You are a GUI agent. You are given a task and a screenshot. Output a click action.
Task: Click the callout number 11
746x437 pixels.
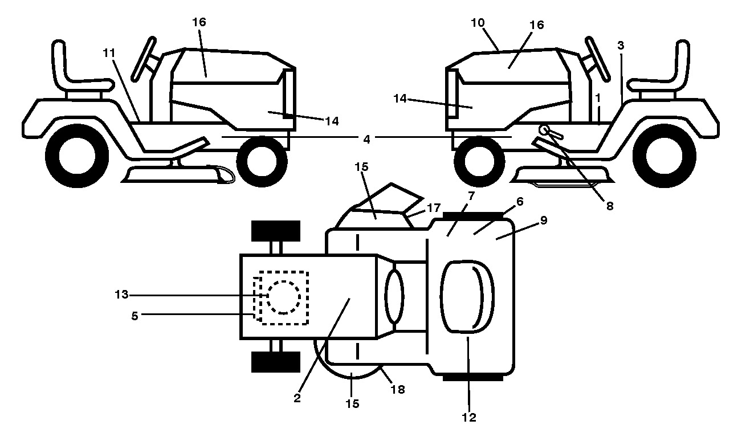pyautogui.click(x=109, y=52)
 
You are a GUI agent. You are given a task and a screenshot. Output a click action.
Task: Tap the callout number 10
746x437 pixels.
pyautogui.click(x=478, y=23)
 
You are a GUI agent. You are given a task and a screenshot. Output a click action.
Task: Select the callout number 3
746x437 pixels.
pyautogui.click(x=621, y=45)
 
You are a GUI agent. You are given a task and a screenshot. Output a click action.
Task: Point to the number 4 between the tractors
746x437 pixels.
pyautogui.click(x=366, y=139)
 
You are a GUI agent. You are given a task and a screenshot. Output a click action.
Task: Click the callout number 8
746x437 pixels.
pyautogui.click(x=610, y=206)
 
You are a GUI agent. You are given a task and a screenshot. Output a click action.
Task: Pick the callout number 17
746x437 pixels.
pyautogui.click(x=434, y=208)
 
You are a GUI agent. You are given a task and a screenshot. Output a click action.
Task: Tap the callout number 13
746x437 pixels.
pyautogui.click(x=121, y=294)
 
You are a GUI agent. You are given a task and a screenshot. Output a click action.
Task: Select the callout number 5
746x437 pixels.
pyautogui.click(x=134, y=316)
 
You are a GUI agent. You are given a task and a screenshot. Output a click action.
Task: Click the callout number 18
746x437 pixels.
pyautogui.click(x=398, y=389)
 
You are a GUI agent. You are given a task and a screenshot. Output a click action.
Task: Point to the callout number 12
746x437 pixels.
pyautogui.click(x=469, y=418)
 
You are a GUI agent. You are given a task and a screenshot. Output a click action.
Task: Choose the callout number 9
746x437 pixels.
pyautogui.click(x=544, y=220)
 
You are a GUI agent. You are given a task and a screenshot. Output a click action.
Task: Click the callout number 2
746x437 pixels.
pyautogui.click(x=297, y=398)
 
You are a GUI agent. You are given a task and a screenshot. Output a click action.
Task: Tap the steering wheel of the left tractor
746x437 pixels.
pyautogui.click(x=144, y=59)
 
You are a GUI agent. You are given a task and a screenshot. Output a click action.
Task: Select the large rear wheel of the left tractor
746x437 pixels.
pyautogui.click(x=77, y=156)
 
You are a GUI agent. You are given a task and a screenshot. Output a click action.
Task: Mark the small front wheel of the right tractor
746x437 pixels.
pyautogui.click(x=479, y=161)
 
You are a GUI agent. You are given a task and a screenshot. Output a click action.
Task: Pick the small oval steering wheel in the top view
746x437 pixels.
pyautogui.click(x=394, y=296)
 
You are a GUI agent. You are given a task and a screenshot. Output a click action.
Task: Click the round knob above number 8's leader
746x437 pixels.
pyautogui.click(x=544, y=129)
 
